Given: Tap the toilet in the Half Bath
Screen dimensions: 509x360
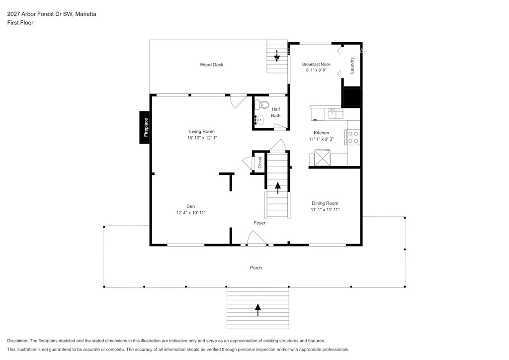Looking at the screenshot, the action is click(261, 104).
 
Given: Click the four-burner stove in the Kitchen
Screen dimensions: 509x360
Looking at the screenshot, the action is click(353, 137).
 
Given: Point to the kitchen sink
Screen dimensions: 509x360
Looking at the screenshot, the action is click(336, 113).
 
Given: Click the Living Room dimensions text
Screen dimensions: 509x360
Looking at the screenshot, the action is click(202, 138).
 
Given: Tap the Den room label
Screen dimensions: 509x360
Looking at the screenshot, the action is click(190, 206).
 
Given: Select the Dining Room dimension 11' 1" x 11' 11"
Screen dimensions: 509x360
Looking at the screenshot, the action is click(325, 210).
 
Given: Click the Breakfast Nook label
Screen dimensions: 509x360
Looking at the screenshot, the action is click(316, 64).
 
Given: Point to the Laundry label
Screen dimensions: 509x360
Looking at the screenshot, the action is click(352, 66).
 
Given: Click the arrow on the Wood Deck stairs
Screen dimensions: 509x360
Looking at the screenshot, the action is click(276, 56).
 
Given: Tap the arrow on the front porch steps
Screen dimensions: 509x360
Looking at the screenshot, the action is click(258, 310).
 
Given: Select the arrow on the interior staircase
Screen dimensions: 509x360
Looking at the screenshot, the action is click(278, 188).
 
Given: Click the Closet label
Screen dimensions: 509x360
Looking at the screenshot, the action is click(259, 162).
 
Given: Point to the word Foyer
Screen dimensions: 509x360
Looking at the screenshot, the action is click(259, 223).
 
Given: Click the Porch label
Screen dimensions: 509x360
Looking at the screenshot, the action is click(256, 268).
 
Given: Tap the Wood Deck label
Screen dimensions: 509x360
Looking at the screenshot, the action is click(211, 65).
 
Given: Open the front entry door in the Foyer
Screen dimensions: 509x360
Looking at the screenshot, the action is click(257, 238).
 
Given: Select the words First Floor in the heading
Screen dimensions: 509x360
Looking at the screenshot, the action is click(20, 23).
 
